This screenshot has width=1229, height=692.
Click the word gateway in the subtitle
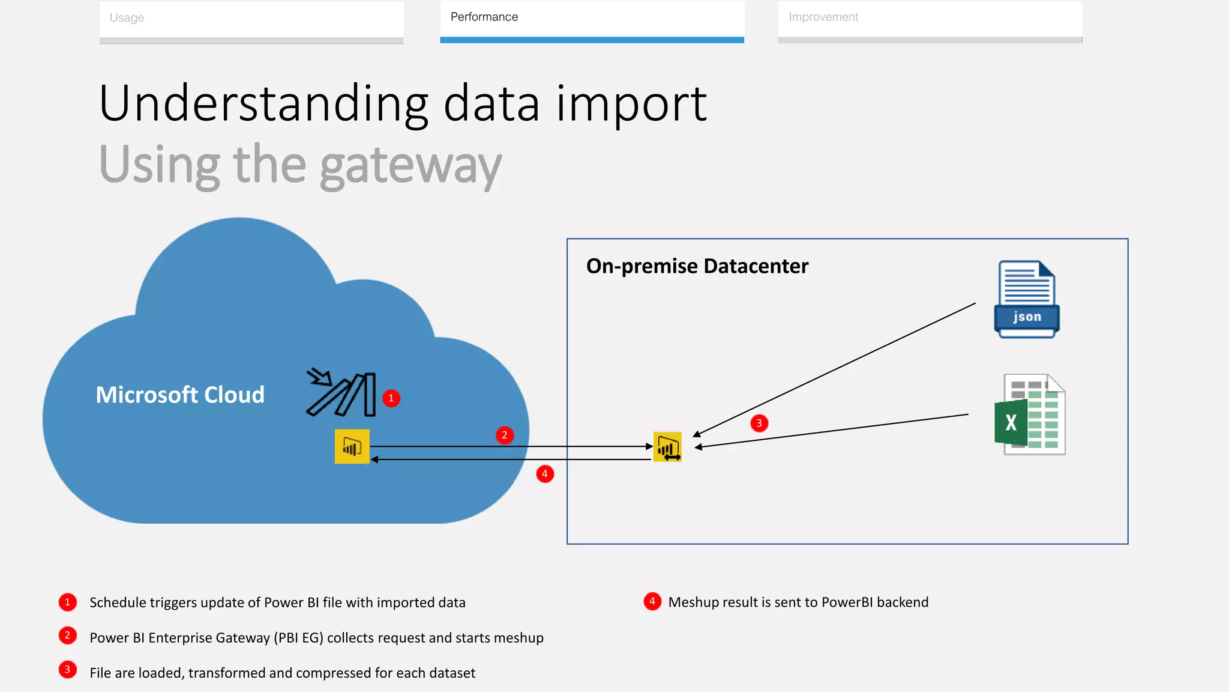coord(410,165)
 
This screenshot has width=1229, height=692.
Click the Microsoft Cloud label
coord(180,395)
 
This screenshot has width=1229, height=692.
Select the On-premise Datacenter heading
coord(697,266)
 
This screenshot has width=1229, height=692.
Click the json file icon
coord(1027,299)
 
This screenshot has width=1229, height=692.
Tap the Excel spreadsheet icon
coord(1030,414)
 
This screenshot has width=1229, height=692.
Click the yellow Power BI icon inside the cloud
coord(352,446)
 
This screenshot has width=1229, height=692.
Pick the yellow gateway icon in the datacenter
coord(667,447)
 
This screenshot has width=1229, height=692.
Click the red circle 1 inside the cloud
coord(391,398)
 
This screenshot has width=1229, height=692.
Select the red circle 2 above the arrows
coord(505,435)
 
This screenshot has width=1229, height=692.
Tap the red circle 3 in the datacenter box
coord(759,423)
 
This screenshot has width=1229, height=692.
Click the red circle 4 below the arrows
coord(545,474)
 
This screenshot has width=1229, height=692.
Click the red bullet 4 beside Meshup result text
coord(652,601)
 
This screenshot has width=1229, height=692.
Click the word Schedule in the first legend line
coord(117,602)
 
